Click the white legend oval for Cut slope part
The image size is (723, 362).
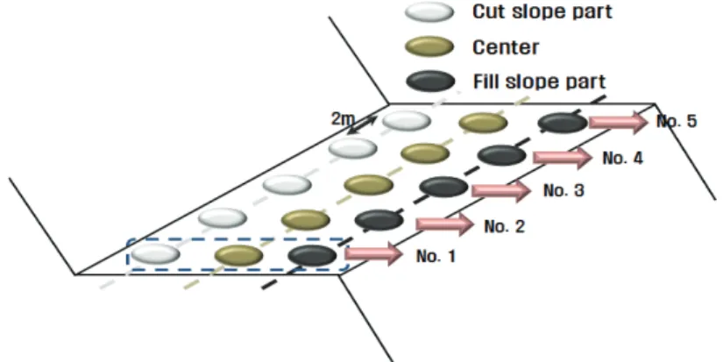(x=429, y=12)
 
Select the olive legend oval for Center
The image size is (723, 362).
(x=429, y=47)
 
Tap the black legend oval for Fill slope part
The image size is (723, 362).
(x=430, y=82)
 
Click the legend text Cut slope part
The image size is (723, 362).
(x=542, y=11)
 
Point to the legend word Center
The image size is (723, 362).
(x=506, y=47)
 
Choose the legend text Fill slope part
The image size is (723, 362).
(x=539, y=82)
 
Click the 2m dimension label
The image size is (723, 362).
(x=343, y=119)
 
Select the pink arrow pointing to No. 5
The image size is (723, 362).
(x=619, y=122)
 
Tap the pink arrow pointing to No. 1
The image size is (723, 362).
(x=374, y=253)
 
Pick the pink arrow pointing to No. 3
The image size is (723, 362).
(x=501, y=190)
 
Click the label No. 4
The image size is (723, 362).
(x=622, y=159)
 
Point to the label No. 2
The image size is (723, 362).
(x=504, y=226)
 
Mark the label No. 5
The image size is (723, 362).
(x=677, y=121)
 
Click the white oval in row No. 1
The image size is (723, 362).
(x=155, y=253)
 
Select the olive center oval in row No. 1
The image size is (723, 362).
(x=238, y=255)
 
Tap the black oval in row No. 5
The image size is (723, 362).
(x=563, y=123)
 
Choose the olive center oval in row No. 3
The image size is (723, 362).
(x=368, y=185)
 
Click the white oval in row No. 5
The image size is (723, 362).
(x=407, y=121)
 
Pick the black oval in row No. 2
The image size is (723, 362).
(x=379, y=220)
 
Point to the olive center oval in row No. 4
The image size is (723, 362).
(x=425, y=153)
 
